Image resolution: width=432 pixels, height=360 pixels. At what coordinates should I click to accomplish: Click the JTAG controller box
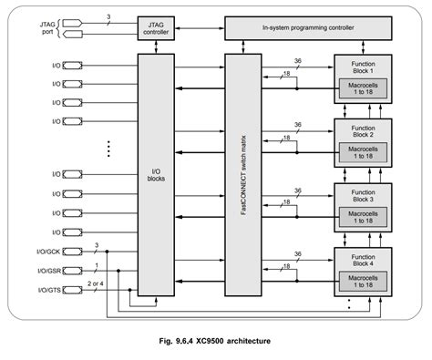point(156,27)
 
